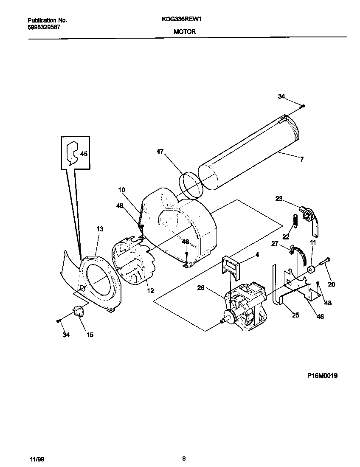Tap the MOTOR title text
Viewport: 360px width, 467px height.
[x=184, y=31]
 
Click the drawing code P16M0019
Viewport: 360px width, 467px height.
[x=322, y=376]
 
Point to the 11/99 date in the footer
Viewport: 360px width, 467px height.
[x=37, y=459]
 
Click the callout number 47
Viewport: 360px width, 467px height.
[x=160, y=152]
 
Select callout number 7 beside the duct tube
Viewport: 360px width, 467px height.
[x=301, y=159]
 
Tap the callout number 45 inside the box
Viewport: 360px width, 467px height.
[x=84, y=154]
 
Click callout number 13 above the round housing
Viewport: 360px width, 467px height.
[x=100, y=229]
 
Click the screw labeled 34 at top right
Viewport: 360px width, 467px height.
[x=304, y=105]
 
